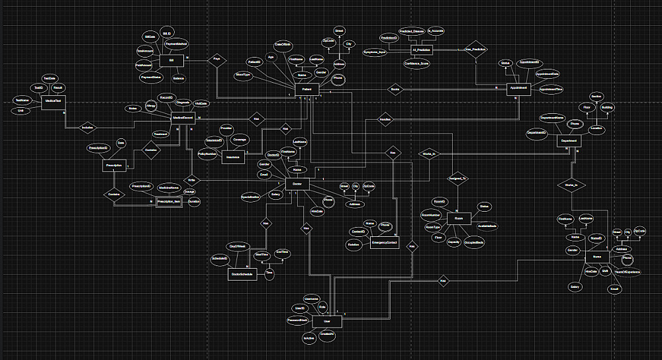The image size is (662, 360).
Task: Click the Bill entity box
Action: tap(171, 60)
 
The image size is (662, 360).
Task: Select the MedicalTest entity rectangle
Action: tap(52, 101)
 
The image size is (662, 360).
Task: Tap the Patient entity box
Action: tap(307, 90)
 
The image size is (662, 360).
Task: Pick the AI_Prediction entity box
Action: tap(420, 50)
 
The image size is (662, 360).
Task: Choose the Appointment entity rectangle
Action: tap(518, 87)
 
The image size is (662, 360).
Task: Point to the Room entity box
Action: tap(458, 218)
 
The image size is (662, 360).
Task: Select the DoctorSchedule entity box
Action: tap(242, 273)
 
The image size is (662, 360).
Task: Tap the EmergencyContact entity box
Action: tap(383, 244)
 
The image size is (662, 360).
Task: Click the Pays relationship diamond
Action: tap(216, 59)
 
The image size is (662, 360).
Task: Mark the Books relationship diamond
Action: tap(395, 89)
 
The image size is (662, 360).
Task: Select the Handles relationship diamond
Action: tap(385, 120)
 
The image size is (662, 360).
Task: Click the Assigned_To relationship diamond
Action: tap(459, 179)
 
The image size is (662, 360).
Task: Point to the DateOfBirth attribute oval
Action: tap(283, 44)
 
